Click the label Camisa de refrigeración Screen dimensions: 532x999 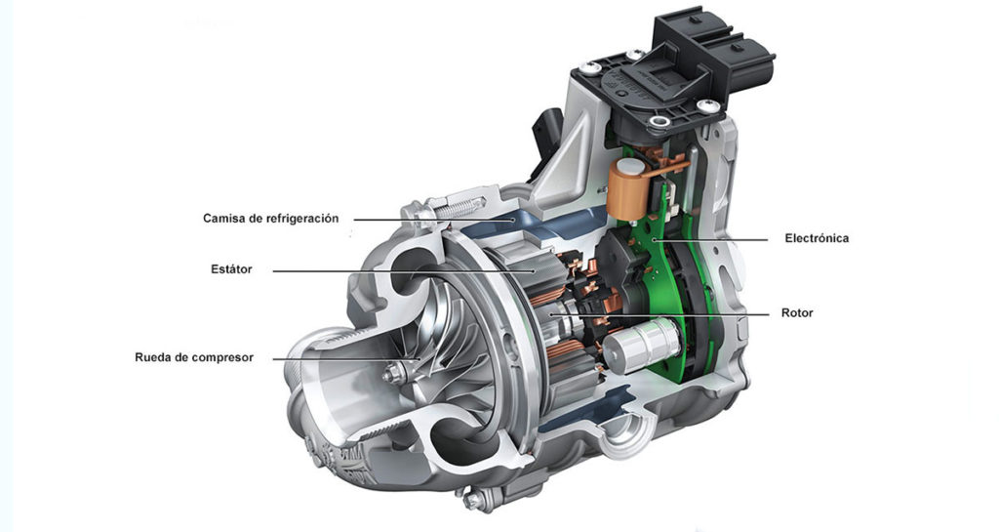pos(271,219)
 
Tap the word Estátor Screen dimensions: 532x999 pos(231,269)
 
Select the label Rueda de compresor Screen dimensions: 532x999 pos(194,357)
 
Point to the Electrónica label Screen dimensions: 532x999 pos(817,238)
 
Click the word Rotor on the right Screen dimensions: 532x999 pos(797,313)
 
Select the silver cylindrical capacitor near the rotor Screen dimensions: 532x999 pos(640,345)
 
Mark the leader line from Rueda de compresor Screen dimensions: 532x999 pos(332,358)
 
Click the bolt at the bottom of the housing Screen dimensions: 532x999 pos(473,502)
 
